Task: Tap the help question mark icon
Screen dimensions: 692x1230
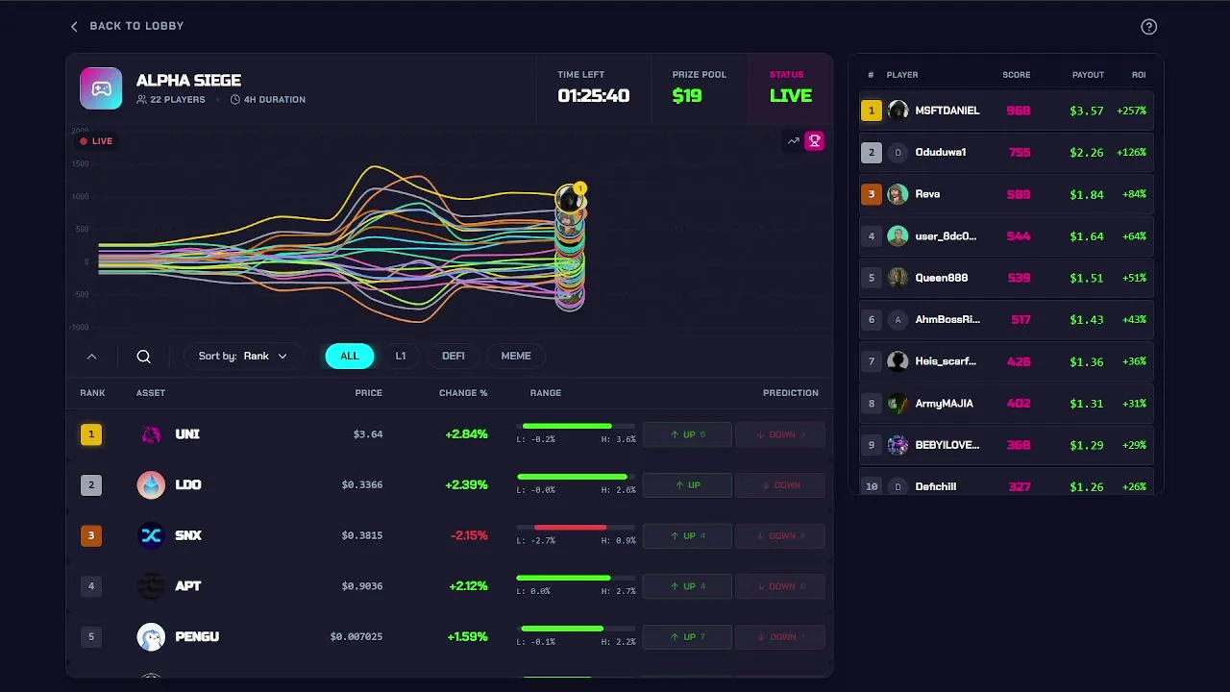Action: [1148, 27]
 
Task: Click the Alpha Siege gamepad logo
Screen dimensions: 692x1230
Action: [101, 88]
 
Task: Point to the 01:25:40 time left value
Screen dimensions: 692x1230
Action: [593, 96]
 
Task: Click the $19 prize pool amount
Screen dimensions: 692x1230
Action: [687, 96]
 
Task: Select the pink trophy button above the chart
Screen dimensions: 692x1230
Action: [814, 141]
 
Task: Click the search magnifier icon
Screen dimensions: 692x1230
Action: [144, 357]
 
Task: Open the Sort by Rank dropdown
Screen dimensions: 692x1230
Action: [243, 357]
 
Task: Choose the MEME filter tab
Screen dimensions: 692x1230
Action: [516, 357]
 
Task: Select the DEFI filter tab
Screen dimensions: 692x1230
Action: [454, 357]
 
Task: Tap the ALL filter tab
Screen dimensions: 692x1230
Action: [350, 357]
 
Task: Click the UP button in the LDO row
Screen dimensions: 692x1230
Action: [687, 485]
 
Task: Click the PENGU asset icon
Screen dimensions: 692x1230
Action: [151, 636]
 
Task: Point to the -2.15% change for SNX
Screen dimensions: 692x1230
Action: [469, 535]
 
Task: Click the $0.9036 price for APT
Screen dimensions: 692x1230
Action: [361, 586]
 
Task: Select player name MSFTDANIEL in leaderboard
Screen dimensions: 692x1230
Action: [947, 111]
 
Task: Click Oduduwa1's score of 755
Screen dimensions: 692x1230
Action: [1019, 153]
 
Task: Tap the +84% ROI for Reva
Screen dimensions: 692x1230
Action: [1131, 194]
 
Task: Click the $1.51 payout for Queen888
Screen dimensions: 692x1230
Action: [1087, 278]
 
